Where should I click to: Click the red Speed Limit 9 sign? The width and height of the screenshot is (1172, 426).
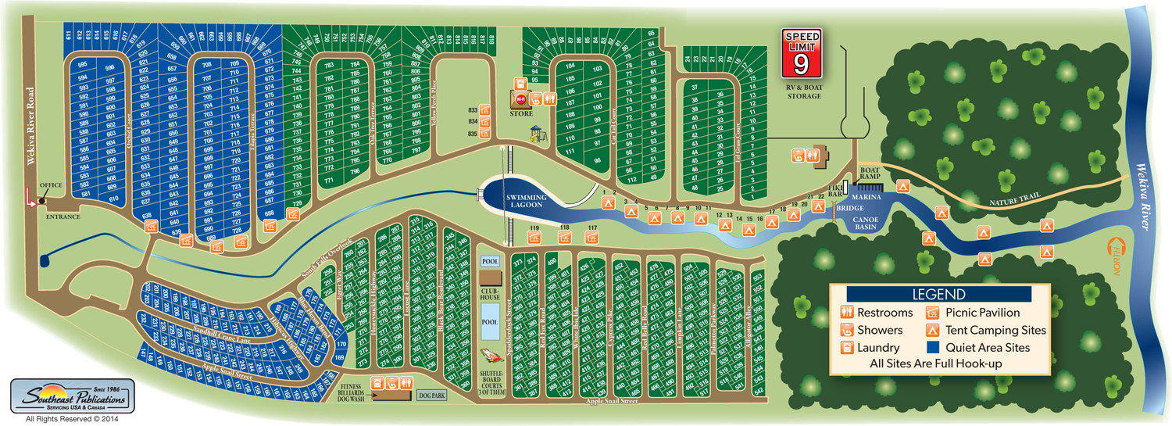[x=803, y=54]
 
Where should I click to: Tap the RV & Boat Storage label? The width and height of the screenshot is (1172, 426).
[x=803, y=91]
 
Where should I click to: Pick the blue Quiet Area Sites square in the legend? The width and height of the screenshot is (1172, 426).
[x=934, y=347]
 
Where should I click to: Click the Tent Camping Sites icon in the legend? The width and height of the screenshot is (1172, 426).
[x=934, y=330]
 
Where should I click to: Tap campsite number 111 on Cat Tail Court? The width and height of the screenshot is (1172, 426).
[x=570, y=151]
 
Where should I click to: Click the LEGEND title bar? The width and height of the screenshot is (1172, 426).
[x=938, y=294]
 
